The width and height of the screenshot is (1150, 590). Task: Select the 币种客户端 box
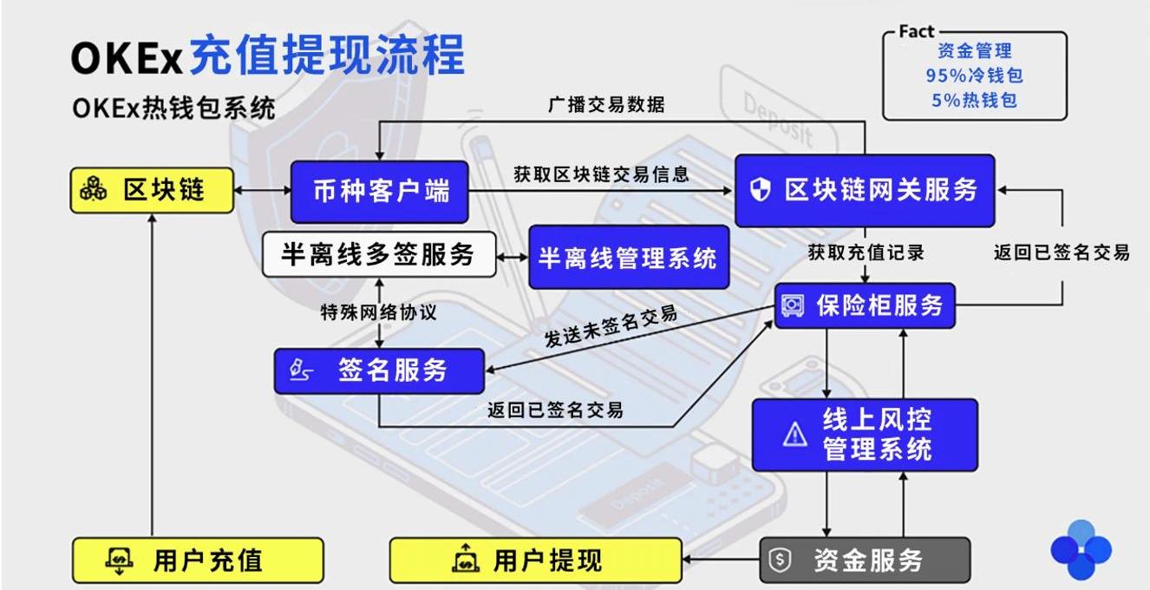379,191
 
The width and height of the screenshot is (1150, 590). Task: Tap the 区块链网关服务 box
864,191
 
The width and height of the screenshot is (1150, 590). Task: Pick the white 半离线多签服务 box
379,255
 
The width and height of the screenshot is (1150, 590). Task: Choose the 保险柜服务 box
864,305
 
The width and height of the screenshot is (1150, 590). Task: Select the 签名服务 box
378,370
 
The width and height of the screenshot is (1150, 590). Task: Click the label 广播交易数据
607,106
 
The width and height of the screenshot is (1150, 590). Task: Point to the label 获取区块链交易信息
601,174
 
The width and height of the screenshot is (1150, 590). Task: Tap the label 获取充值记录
866,252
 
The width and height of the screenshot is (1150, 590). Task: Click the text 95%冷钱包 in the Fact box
974,75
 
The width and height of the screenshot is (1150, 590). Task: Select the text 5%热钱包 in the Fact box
974,100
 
